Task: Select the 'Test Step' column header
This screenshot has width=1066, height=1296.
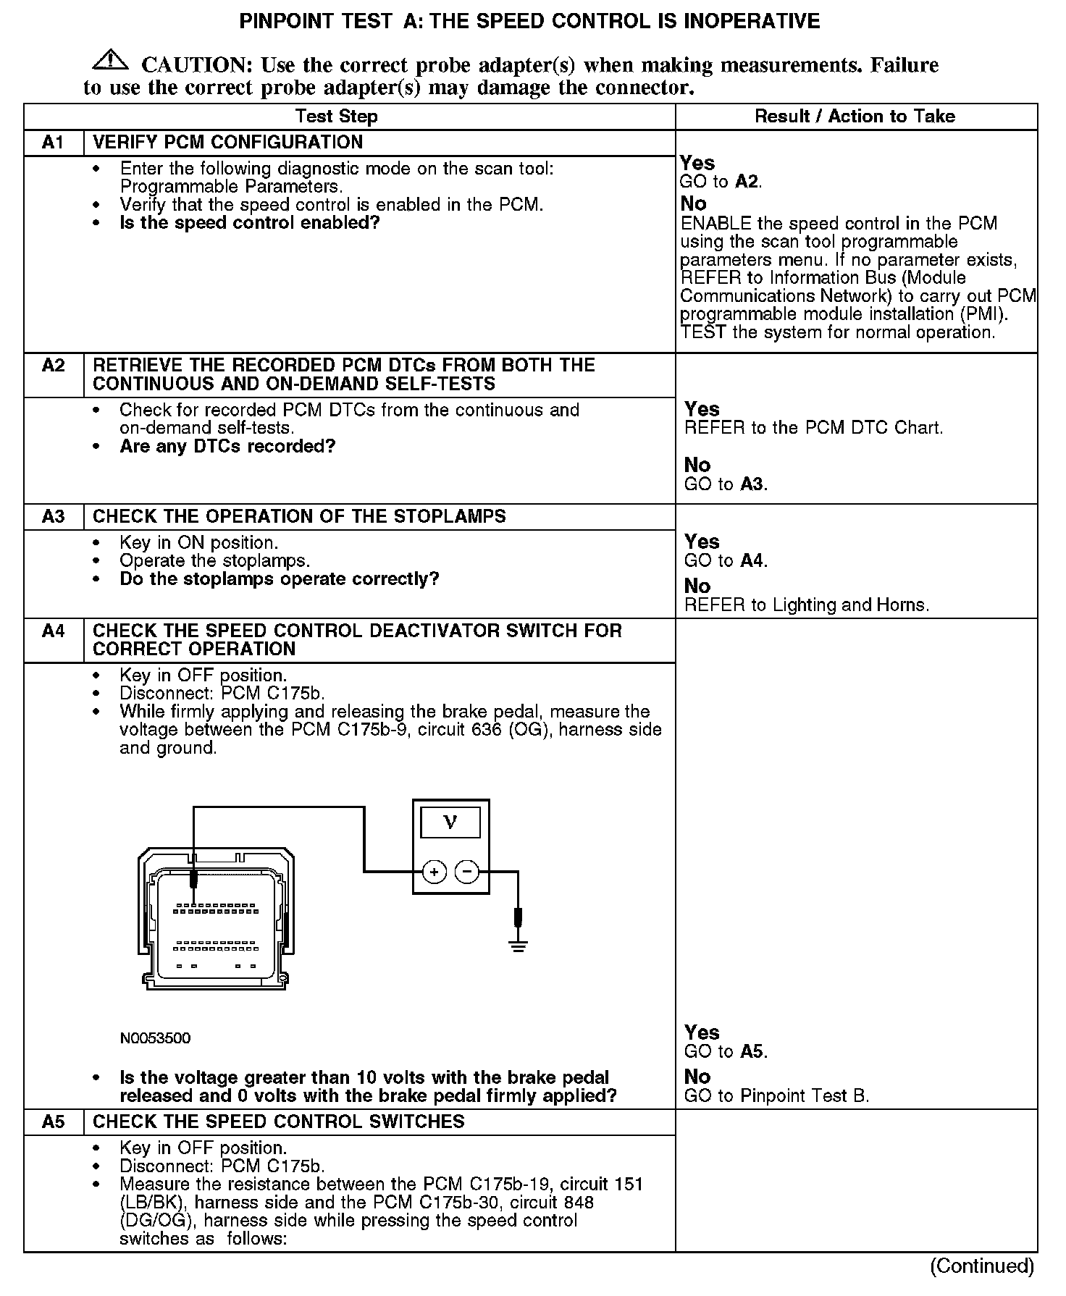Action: [x=336, y=117]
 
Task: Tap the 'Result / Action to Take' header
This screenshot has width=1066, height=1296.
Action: [x=855, y=117]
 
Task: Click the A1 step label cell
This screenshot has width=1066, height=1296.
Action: [x=54, y=143]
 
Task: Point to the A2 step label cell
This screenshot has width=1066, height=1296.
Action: [x=54, y=366]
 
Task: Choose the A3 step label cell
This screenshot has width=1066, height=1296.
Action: [x=54, y=517]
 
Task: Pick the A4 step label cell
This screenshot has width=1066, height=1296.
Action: [x=54, y=631]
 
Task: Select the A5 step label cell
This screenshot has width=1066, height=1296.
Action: [x=54, y=1122]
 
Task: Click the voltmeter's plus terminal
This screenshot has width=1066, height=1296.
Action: [x=435, y=872]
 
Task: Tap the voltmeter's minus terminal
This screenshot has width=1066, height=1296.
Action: [x=467, y=872]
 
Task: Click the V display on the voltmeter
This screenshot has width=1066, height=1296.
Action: [x=450, y=822]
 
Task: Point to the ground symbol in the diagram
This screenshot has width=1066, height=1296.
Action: [x=518, y=945]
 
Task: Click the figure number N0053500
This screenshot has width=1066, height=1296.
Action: [x=156, y=1038]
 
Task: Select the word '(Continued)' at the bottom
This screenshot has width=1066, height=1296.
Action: [x=982, y=1266]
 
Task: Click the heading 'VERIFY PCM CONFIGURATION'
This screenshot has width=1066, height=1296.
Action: [x=228, y=143]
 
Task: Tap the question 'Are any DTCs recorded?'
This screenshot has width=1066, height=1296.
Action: [x=227, y=446]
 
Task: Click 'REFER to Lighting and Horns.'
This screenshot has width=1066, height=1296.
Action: [x=806, y=605]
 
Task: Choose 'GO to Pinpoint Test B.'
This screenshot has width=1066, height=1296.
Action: [x=776, y=1096]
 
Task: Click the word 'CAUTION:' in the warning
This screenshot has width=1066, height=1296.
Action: [x=196, y=65]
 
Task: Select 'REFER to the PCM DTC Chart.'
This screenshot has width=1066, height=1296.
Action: [x=813, y=428]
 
